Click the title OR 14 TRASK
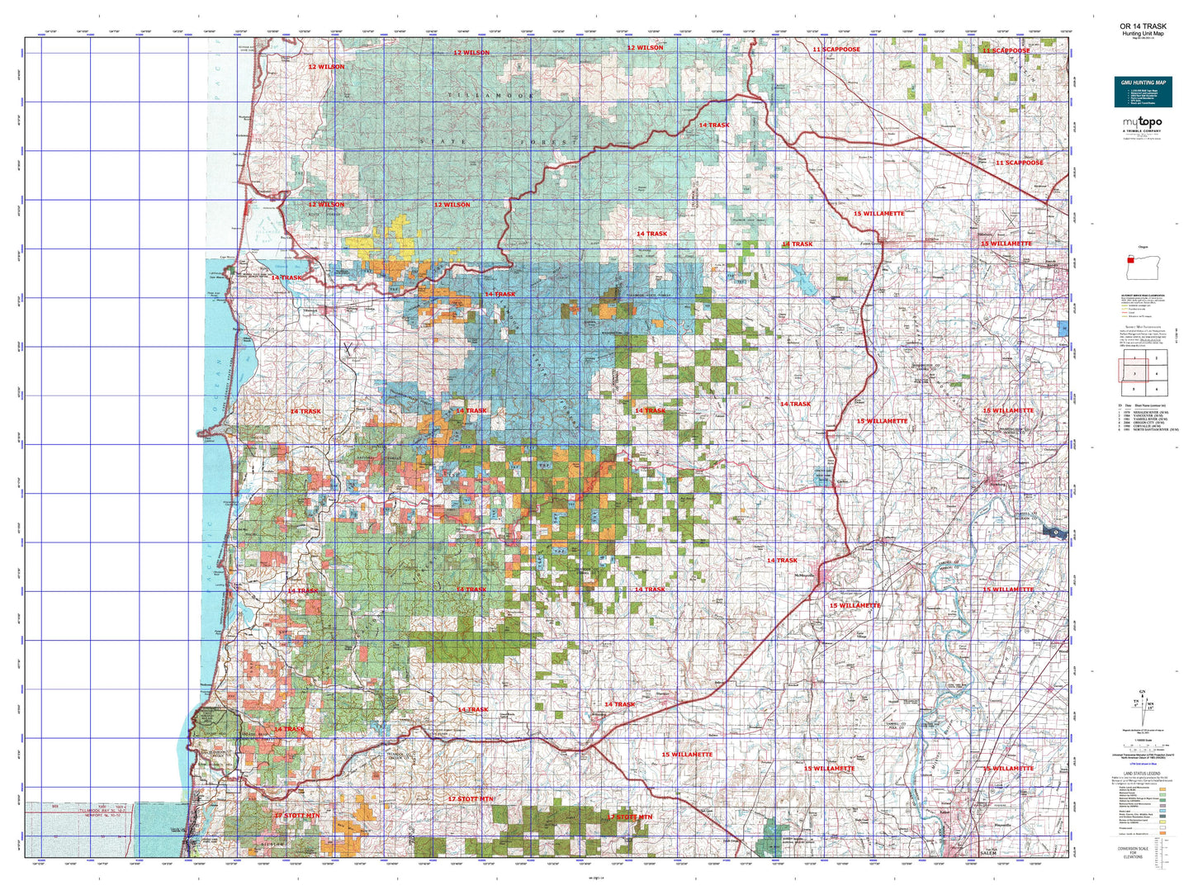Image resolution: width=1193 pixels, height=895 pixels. click(x=1143, y=26)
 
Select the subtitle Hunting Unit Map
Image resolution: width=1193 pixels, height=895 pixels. click(x=1143, y=34)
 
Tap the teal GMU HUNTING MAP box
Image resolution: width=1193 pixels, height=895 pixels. click(x=1143, y=92)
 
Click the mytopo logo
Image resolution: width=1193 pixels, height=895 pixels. click(x=1143, y=124)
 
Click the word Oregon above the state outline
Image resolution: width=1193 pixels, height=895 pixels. click(x=1143, y=247)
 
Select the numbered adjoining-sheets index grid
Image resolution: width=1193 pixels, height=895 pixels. click(x=1143, y=374)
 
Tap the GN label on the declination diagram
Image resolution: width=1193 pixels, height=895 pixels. click(x=1142, y=690)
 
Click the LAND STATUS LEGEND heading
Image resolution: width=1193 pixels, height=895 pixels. click(x=1143, y=774)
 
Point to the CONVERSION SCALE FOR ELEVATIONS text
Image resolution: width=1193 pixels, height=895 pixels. click(x=1143, y=851)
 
